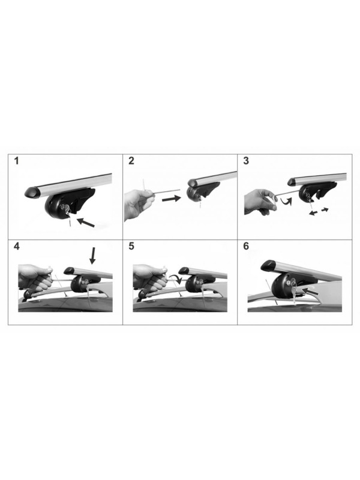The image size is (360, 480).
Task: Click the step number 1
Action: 17,161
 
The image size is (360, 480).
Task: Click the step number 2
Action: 131,161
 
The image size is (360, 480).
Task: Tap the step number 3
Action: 246,161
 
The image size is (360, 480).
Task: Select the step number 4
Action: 17,246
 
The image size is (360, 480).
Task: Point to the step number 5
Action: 131,246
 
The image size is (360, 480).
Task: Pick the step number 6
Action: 246,246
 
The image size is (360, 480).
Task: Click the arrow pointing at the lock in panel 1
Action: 85,222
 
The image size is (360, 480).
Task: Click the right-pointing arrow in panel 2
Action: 172,199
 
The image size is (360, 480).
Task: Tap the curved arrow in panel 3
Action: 286,202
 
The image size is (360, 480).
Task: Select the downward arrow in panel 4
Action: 93,256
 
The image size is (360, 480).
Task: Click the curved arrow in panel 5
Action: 176,278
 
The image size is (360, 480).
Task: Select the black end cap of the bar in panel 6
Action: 269,265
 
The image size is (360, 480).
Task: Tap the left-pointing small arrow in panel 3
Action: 313,213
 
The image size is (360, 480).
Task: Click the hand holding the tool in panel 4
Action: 35,278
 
